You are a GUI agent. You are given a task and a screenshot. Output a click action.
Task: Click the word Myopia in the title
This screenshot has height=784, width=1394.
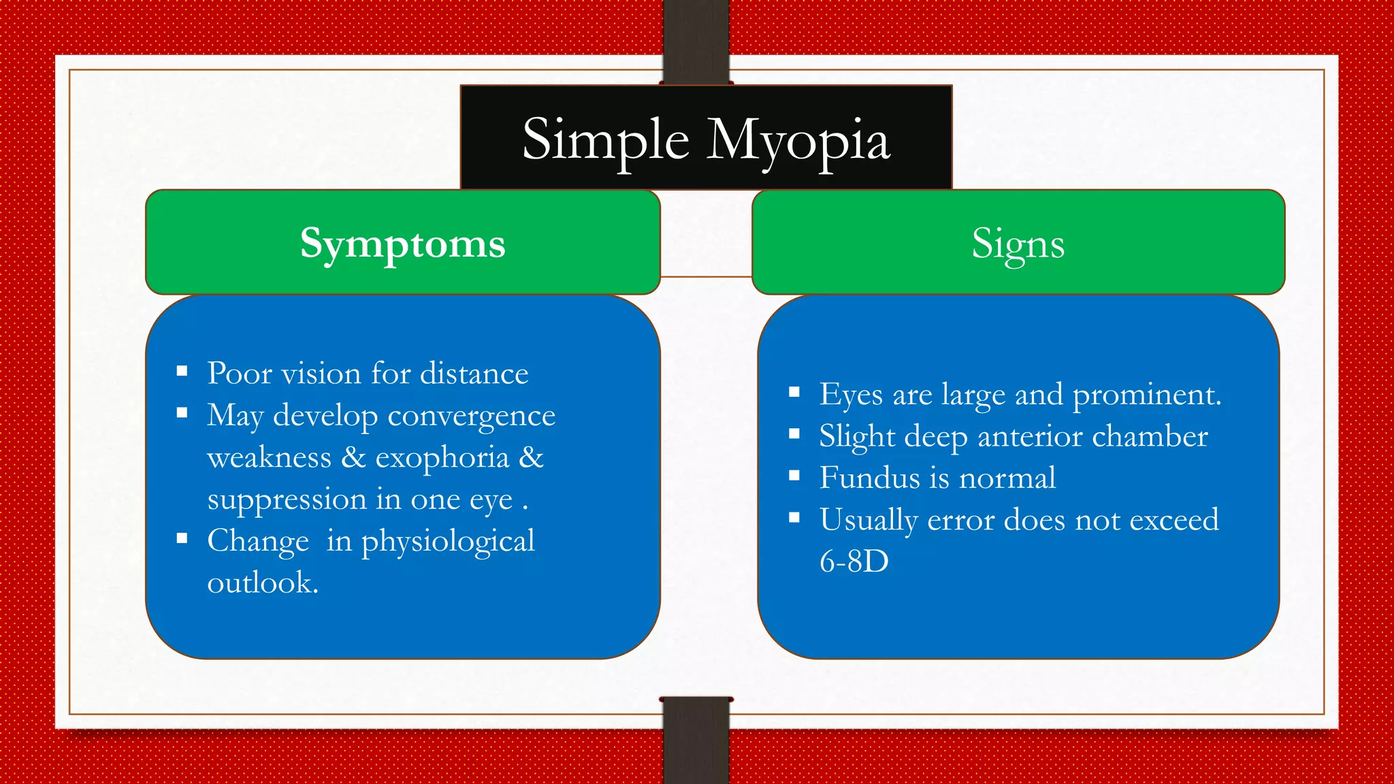[798, 141]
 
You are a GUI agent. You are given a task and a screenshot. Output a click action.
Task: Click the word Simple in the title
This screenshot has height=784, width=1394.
[606, 140]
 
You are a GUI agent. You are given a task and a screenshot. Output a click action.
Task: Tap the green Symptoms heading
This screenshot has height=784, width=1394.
[402, 244]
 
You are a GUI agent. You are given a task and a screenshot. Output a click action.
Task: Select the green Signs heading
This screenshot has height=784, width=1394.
[1018, 244]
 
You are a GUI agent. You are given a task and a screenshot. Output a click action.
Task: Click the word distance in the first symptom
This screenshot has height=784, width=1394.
[474, 374]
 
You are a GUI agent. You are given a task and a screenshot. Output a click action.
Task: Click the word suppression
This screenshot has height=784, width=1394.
[287, 500]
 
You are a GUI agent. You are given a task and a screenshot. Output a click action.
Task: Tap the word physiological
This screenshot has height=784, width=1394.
[447, 542]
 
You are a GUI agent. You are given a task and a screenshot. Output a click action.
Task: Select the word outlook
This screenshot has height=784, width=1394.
[262, 583]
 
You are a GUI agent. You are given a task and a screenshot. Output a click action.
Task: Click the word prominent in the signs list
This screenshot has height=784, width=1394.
[1146, 395]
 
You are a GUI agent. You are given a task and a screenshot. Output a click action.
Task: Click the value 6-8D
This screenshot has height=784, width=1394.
[854, 561]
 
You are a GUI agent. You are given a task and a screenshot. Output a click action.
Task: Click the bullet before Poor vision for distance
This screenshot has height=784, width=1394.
[182, 371]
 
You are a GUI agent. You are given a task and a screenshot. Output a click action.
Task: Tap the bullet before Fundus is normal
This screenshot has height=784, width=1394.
[794, 476]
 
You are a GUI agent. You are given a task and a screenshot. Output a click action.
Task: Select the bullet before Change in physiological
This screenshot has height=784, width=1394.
[182, 538]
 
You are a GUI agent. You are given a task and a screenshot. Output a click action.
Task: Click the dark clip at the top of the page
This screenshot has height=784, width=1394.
[696, 41]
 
